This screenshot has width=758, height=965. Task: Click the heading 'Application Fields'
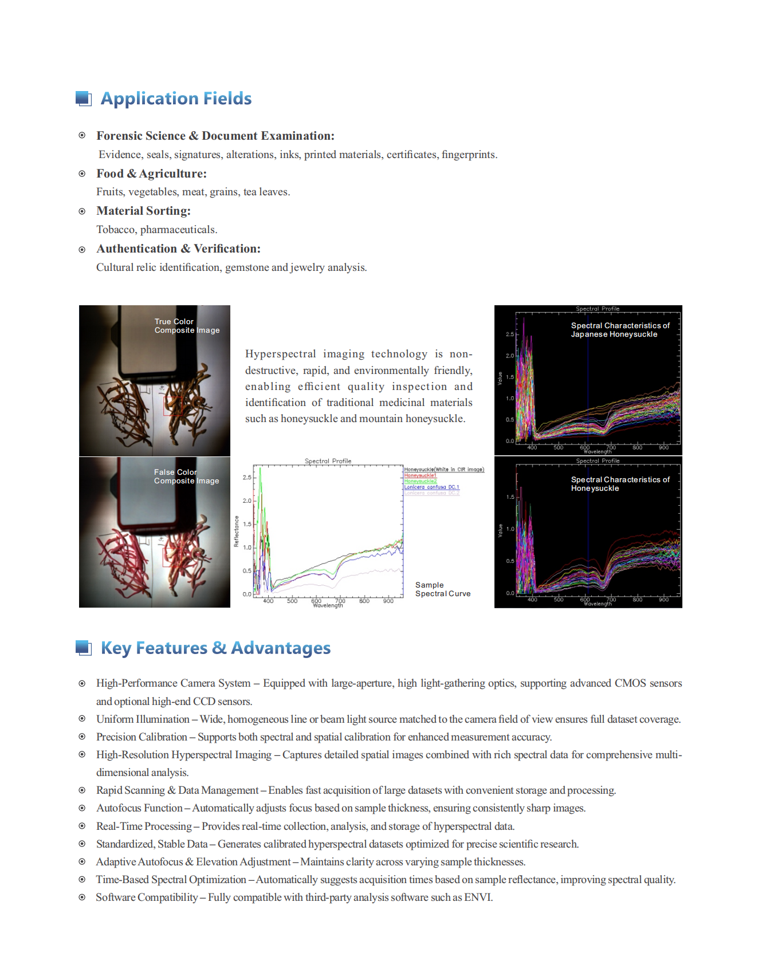pyautogui.click(x=176, y=99)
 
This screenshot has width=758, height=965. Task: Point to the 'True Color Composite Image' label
pyautogui.click(x=187, y=326)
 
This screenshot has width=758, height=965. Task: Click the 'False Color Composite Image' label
pyautogui.click(x=186, y=476)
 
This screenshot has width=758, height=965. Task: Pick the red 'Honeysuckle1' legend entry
pyautogui.click(x=420, y=475)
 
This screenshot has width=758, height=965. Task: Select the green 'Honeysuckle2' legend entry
pyautogui.click(x=420, y=481)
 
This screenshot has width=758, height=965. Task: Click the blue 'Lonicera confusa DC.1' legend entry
pyautogui.click(x=431, y=487)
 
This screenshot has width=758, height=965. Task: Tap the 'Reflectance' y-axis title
pyautogui.click(x=236, y=531)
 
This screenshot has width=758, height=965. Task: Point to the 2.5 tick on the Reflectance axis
pyautogui.click(x=247, y=477)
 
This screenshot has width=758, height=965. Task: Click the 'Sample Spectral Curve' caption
pyautogui.click(x=442, y=589)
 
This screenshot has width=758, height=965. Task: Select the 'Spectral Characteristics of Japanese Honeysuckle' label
pyautogui.click(x=620, y=330)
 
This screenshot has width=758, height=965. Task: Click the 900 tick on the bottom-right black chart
pyautogui.click(x=663, y=600)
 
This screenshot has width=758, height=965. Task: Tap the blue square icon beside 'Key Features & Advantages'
pyautogui.click(x=84, y=648)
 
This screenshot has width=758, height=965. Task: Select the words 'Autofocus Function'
pyautogui.click(x=139, y=808)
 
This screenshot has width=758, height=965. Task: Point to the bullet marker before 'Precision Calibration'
pyautogui.click(x=82, y=736)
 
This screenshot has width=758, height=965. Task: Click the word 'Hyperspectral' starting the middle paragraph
pyautogui.click(x=280, y=354)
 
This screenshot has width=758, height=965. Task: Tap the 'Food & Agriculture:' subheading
pyautogui.click(x=151, y=174)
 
